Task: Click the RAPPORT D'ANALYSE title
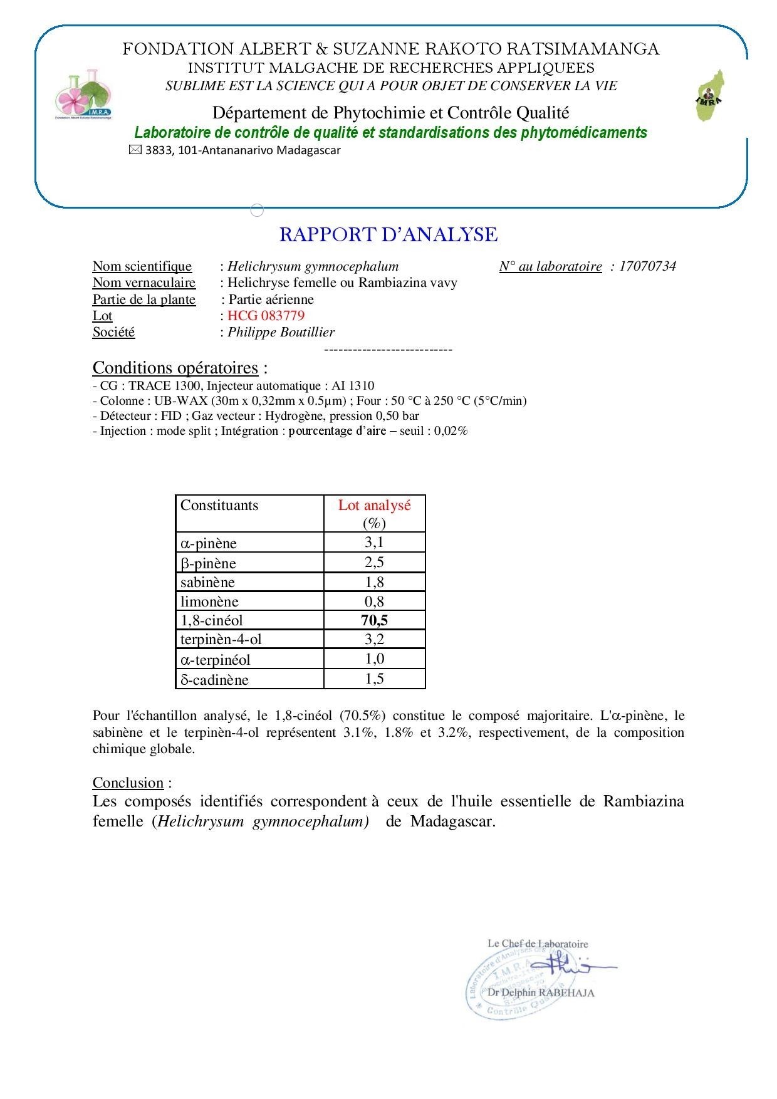pos(388,234)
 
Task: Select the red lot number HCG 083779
pos(266,316)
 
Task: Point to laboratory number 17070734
pos(647,266)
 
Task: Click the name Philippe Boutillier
pos(281,332)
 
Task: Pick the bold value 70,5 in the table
pos(374,620)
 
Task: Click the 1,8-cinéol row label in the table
pos(211,620)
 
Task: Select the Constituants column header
pos(219,505)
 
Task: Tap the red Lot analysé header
pos(374,505)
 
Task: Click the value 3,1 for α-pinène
pos(374,543)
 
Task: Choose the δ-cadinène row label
pos(214,680)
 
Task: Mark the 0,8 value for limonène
pos(374,602)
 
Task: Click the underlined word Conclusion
pos(128,783)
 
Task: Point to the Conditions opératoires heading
pos(175,367)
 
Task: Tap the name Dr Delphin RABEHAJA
pos(540,992)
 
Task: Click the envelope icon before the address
pos(135,150)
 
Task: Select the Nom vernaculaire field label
pos(144,283)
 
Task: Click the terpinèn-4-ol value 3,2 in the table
pos(374,639)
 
